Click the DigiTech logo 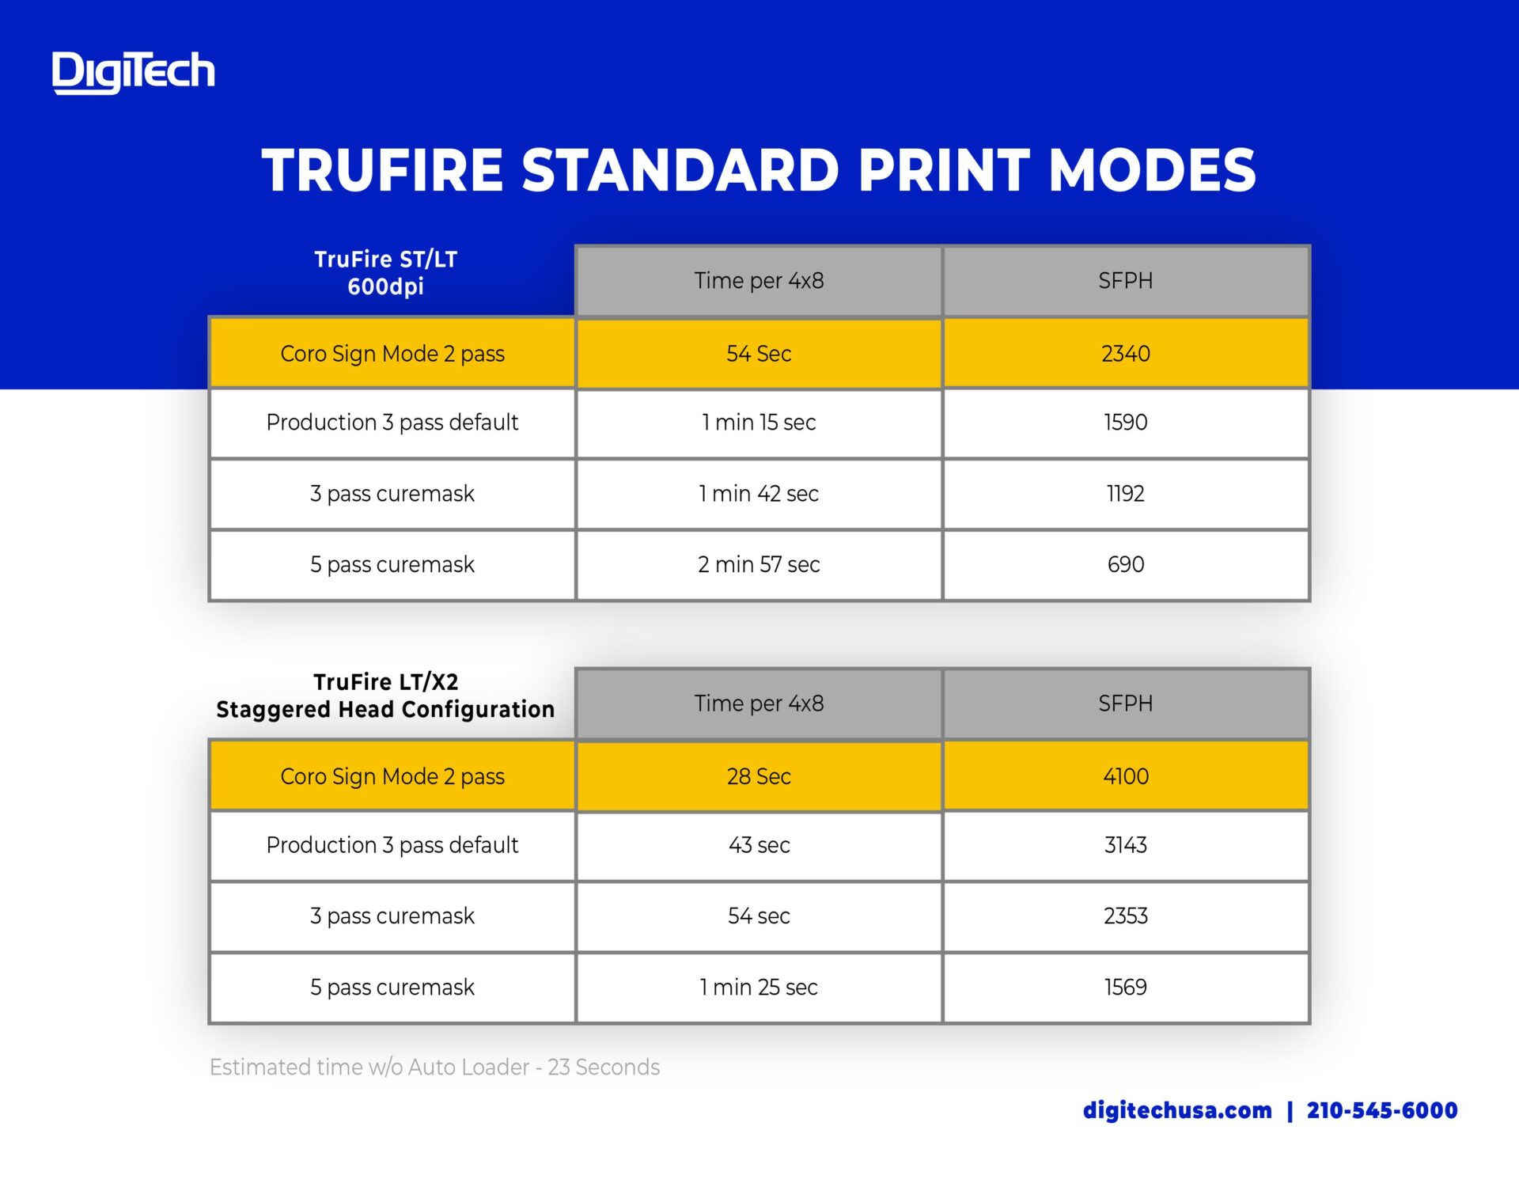click(x=133, y=72)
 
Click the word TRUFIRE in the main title click(x=383, y=170)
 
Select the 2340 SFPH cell click(x=1126, y=353)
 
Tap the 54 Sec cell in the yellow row click(x=759, y=353)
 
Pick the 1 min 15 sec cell click(x=759, y=423)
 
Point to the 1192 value click(x=1126, y=494)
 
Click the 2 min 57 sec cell click(x=759, y=565)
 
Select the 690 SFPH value click(x=1126, y=564)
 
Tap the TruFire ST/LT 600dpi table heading click(x=386, y=272)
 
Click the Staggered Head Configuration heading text click(x=386, y=709)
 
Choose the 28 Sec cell click(x=759, y=776)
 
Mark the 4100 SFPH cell click(x=1126, y=776)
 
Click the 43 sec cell click(x=759, y=845)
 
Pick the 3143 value click(x=1126, y=845)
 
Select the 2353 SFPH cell click(x=1126, y=916)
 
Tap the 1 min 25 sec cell click(x=759, y=988)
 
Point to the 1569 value click(x=1126, y=988)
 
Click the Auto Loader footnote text click(x=434, y=1067)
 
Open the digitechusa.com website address click(x=1177, y=1110)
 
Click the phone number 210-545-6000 click(x=1382, y=1110)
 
